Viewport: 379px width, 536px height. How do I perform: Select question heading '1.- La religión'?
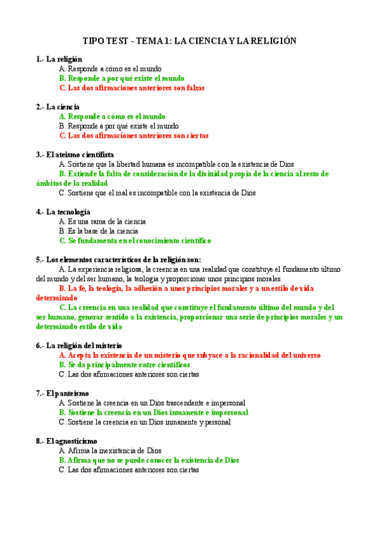pos(59,59)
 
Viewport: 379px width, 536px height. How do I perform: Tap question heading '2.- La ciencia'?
pos(58,107)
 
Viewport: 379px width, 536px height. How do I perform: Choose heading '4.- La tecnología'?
pos(63,212)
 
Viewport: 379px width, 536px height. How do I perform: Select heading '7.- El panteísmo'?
pos(62,393)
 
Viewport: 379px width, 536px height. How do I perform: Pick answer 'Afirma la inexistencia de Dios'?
pos(109,451)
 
